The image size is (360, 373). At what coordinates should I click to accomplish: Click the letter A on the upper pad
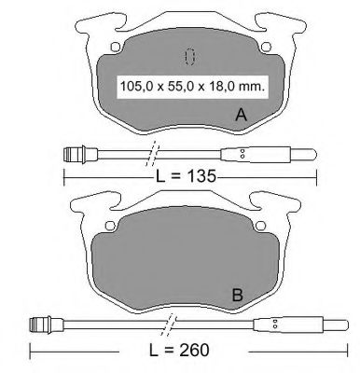[x=242, y=115]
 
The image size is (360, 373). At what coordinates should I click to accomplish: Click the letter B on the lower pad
[x=238, y=295]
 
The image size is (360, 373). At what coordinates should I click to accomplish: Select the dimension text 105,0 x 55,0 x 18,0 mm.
[x=192, y=87]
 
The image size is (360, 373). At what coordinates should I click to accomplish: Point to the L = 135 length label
[x=186, y=176]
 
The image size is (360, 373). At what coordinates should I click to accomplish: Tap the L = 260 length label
[x=179, y=350]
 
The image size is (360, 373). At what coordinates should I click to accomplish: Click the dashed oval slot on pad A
[x=189, y=57]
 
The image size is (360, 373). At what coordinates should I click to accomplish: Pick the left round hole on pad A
[x=116, y=47]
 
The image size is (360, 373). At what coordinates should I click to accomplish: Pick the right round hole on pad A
[x=266, y=47]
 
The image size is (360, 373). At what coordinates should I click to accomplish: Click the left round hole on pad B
[x=110, y=226]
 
